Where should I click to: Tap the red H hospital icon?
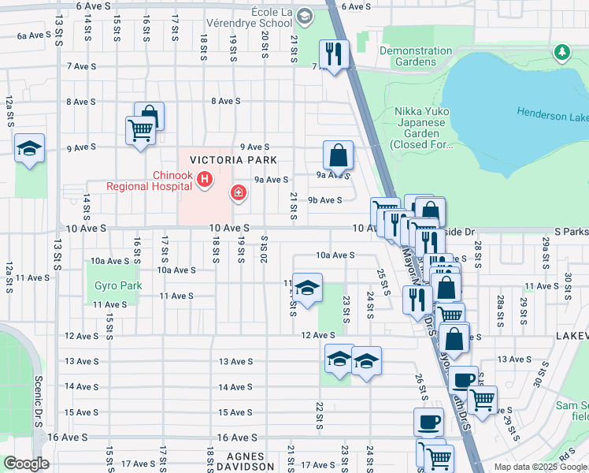click(205, 181)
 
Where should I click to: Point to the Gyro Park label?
click(118, 285)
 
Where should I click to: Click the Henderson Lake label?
click(553, 115)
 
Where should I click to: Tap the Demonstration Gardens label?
click(417, 56)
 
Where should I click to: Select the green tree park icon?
click(561, 53)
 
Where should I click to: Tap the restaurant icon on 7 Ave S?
click(334, 54)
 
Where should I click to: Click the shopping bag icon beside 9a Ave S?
click(338, 155)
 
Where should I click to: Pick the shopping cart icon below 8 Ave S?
click(140, 129)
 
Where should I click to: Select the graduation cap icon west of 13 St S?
click(29, 147)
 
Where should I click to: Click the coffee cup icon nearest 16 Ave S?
click(428, 422)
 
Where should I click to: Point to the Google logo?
click(26, 464)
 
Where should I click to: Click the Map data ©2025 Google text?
click(539, 467)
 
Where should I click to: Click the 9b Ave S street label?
click(324, 200)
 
